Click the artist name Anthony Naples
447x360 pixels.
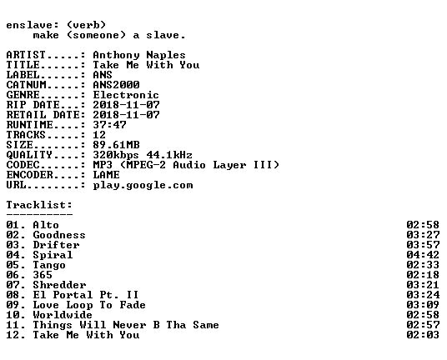click(139, 55)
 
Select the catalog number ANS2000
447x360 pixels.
click(116, 85)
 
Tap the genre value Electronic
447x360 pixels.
click(126, 95)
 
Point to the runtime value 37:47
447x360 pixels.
click(109, 125)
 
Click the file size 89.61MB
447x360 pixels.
click(116, 145)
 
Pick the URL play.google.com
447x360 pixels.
click(143, 185)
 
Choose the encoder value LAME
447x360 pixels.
click(107, 175)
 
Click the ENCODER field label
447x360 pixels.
click(30, 175)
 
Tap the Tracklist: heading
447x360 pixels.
click(39, 205)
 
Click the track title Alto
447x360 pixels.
click(46, 225)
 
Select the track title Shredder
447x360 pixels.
click(59, 284)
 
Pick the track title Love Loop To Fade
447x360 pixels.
click(89, 305)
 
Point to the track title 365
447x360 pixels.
click(43, 274)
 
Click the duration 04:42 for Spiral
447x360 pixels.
click(423, 255)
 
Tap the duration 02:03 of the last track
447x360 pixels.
click(423, 334)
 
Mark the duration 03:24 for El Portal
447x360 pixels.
click(423, 294)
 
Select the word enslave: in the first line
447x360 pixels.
click(33, 25)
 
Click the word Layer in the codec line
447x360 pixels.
click(229, 165)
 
